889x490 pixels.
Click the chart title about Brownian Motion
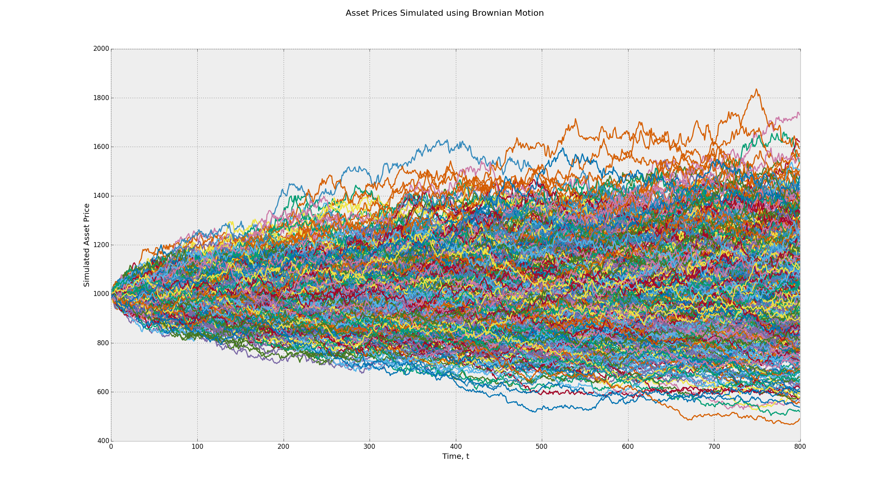click(444, 13)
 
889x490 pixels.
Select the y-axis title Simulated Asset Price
click(87, 245)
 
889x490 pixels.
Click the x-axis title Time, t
click(455, 457)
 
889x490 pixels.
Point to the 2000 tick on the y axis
click(101, 49)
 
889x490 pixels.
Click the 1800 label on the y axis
click(101, 98)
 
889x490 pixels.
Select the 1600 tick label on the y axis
click(101, 147)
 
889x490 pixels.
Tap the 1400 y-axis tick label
click(101, 196)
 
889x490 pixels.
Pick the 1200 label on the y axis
click(101, 245)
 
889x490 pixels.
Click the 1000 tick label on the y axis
click(101, 294)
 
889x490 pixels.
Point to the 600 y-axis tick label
click(103, 392)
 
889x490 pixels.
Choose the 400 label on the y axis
click(103, 441)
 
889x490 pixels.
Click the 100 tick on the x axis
click(197, 447)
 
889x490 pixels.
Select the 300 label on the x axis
click(370, 447)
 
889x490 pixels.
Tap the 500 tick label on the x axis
click(542, 447)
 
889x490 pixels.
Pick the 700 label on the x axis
click(714, 447)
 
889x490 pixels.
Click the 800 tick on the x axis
click(800, 447)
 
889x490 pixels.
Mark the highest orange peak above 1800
click(756, 90)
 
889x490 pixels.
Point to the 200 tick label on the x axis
click(283, 447)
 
